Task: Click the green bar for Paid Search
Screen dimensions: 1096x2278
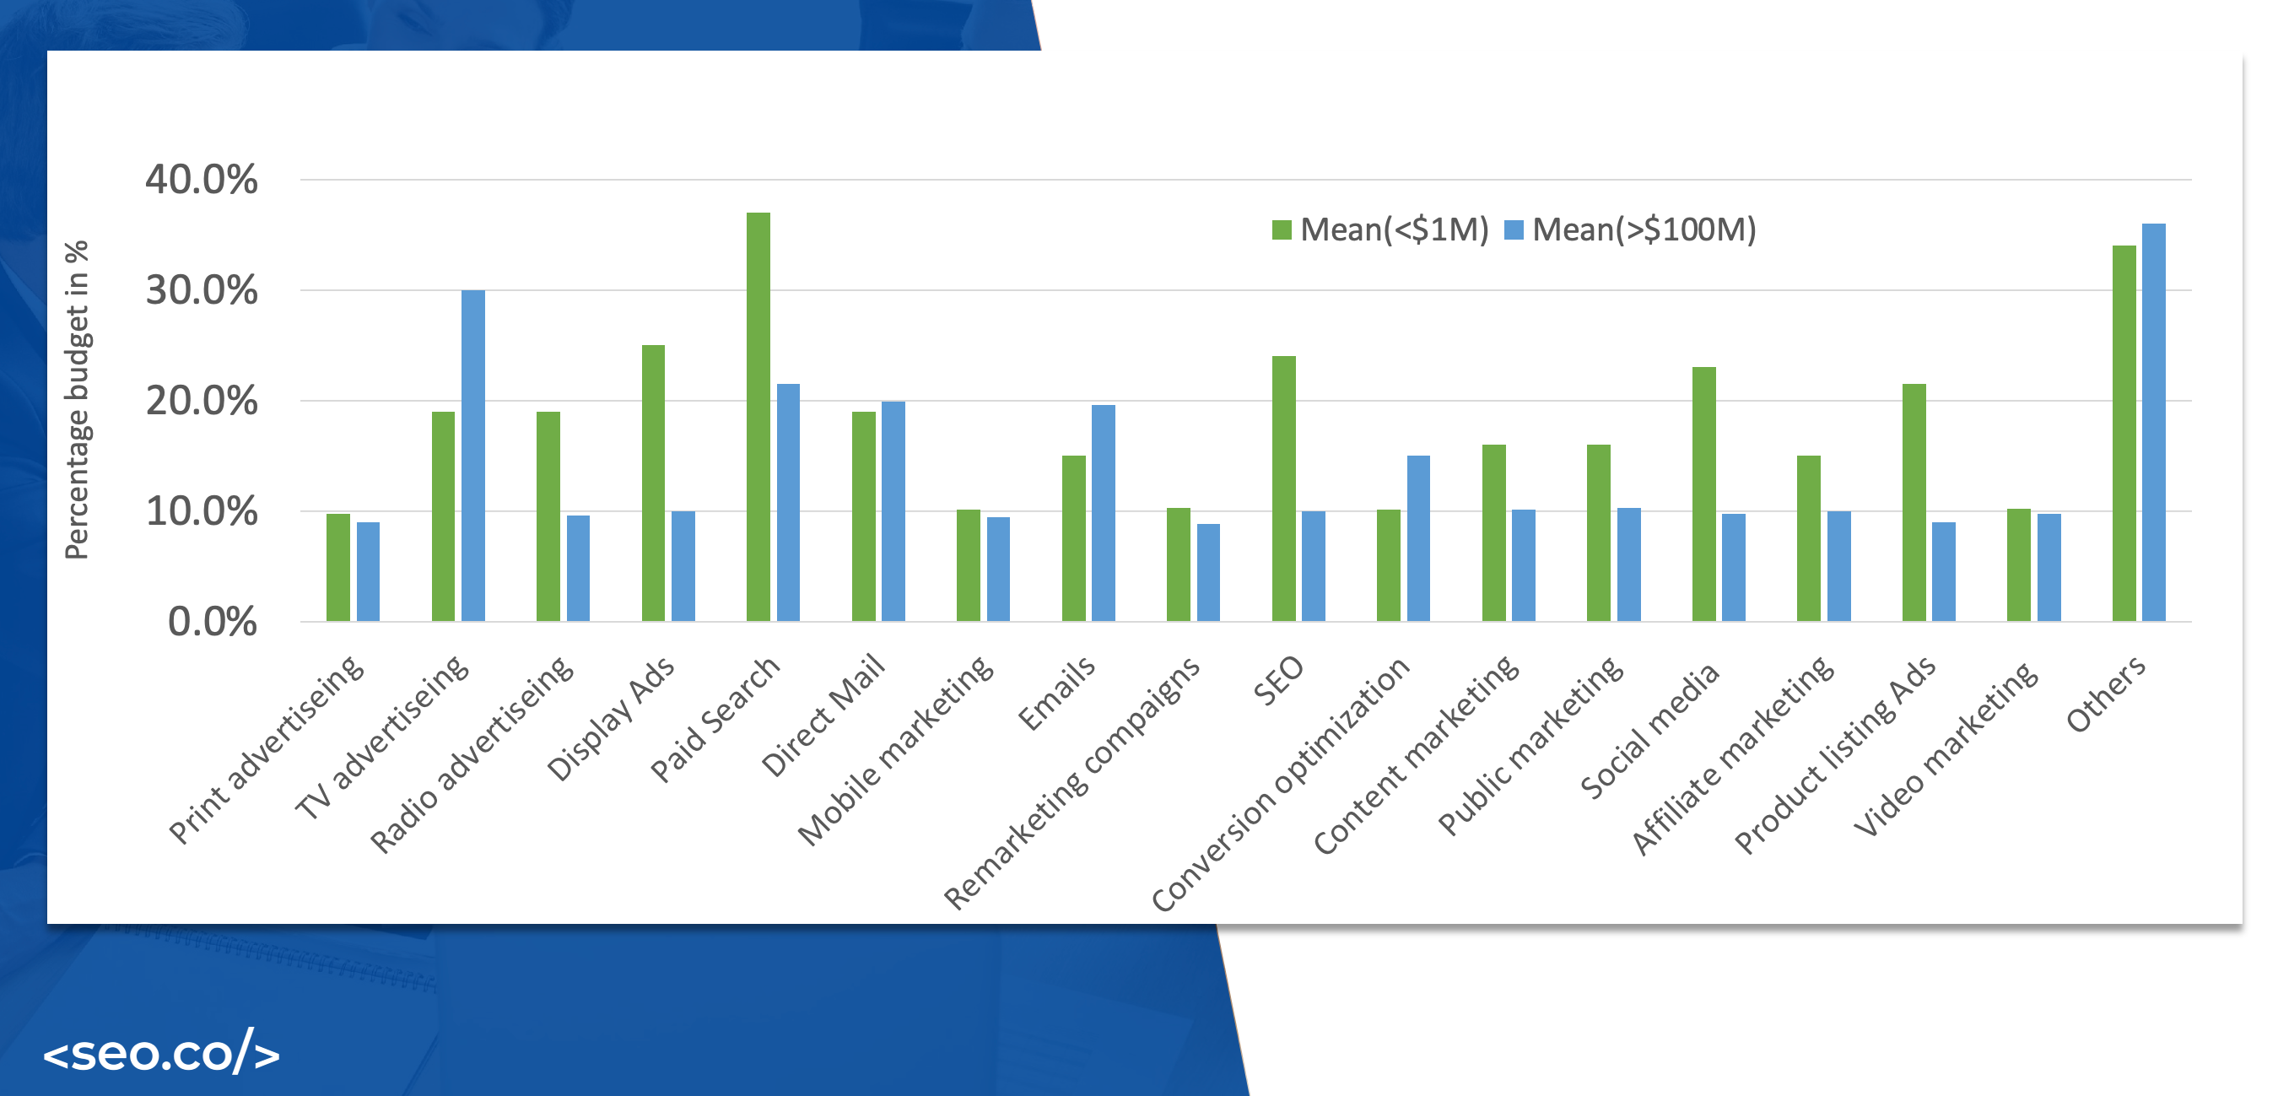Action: click(758, 416)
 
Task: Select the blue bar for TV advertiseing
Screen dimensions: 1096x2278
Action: click(473, 456)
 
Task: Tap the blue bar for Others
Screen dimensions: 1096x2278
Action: click(2153, 422)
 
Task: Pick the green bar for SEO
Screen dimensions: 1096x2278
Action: click(1283, 489)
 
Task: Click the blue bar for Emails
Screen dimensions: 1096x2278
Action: click(1103, 513)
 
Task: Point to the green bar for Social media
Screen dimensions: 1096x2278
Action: click(1703, 494)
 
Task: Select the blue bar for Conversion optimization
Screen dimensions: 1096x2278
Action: click(1417, 537)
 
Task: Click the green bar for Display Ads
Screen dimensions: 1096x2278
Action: click(653, 483)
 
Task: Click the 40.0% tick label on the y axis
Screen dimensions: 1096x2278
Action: click(202, 180)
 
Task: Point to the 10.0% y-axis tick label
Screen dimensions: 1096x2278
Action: click(202, 511)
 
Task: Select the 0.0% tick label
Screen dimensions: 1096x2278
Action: click(213, 622)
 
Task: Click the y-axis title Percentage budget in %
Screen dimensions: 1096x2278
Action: click(77, 400)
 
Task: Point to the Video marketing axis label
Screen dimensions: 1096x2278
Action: click(1946, 748)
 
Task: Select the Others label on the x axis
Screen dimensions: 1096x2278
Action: click(2105, 694)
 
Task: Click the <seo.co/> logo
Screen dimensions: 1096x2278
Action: click(161, 1053)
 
